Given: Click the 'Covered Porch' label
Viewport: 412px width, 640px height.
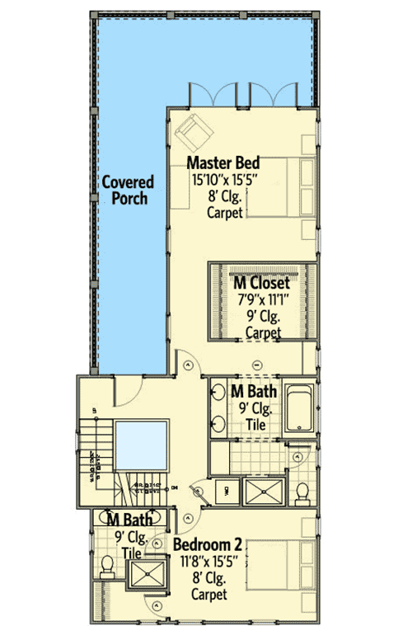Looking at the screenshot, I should click(124, 189).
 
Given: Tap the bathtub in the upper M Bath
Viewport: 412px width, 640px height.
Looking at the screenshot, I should click(298, 407).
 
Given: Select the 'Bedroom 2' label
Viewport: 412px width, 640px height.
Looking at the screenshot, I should click(207, 545).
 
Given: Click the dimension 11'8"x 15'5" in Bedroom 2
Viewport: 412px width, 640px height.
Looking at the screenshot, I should click(207, 562).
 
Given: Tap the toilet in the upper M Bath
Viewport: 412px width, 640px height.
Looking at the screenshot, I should click(301, 492).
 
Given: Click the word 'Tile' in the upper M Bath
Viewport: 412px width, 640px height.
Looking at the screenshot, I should click(257, 424).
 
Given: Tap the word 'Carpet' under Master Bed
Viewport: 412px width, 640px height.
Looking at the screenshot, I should click(225, 214).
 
